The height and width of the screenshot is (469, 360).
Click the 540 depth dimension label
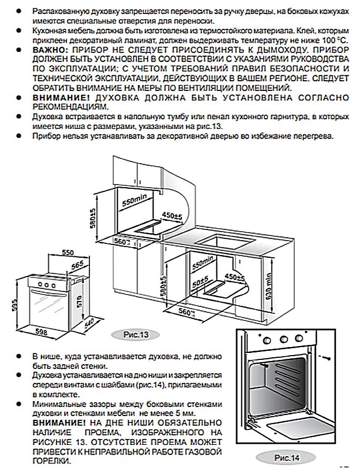[89, 324]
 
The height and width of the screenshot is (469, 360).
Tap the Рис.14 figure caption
[286, 458]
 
